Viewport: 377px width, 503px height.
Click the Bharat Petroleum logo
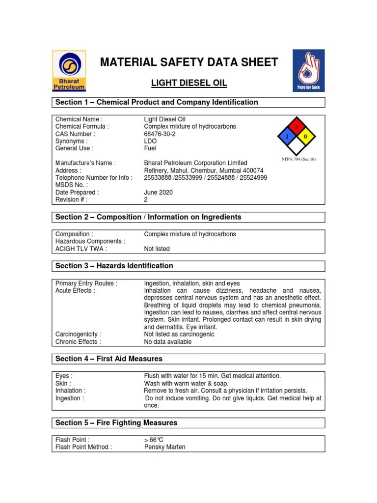[69, 71]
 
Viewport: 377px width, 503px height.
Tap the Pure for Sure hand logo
[308, 71]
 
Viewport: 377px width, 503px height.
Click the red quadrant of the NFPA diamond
[296, 127]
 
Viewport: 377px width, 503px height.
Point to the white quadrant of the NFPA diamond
[296, 146]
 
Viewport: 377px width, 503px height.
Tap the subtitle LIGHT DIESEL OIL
[189, 83]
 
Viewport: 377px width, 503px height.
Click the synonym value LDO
[150, 141]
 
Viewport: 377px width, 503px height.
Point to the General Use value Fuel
[150, 148]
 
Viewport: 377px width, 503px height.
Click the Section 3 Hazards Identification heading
[114, 266]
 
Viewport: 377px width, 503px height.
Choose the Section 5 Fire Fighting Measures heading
[116, 422]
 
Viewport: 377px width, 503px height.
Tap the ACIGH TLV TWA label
[81, 249]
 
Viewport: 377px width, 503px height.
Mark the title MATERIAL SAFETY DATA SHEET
[189, 62]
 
